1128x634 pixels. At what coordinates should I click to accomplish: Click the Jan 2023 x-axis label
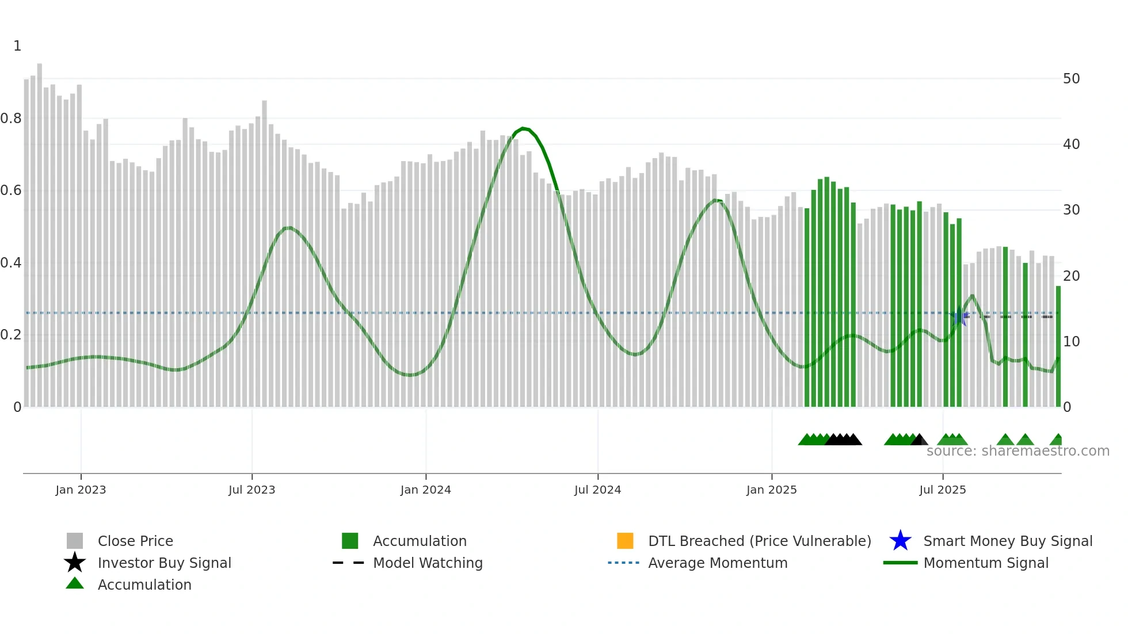pyautogui.click(x=81, y=490)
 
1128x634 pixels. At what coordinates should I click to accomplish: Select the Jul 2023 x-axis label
pyautogui.click(x=251, y=490)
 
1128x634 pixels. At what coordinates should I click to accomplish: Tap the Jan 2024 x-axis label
pyautogui.click(x=425, y=490)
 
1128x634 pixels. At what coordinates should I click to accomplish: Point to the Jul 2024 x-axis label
pyautogui.click(x=597, y=490)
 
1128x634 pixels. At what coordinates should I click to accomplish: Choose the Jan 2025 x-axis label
pyautogui.click(x=771, y=490)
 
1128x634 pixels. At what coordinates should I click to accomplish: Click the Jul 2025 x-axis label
pyautogui.click(x=942, y=490)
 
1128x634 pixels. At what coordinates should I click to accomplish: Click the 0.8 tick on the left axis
pyautogui.click(x=11, y=119)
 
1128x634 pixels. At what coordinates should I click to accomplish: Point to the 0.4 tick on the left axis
pyautogui.click(x=11, y=263)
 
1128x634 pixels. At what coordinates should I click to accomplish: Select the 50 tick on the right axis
pyautogui.click(x=1071, y=79)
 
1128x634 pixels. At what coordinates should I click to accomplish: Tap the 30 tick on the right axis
pyautogui.click(x=1071, y=210)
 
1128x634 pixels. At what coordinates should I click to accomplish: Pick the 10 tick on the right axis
pyautogui.click(x=1071, y=342)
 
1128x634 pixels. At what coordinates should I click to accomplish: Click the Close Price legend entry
pyautogui.click(x=135, y=541)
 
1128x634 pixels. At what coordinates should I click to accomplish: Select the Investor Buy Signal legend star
pyautogui.click(x=75, y=563)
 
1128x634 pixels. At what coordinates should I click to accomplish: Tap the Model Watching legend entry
pyautogui.click(x=428, y=563)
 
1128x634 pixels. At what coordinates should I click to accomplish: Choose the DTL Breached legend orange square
pyautogui.click(x=625, y=541)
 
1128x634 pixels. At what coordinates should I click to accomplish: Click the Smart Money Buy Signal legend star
pyautogui.click(x=900, y=541)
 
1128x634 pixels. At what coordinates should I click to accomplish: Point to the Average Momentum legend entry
pyautogui.click(x=718, y=563)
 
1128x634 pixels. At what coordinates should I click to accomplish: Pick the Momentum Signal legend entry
pyautogui.click(x=986, y=563)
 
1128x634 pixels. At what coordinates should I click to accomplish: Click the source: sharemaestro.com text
pyautogui.click(x=1018, y=451)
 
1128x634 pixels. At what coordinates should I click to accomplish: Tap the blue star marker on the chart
pyautogui.click(x=958, y=317)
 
